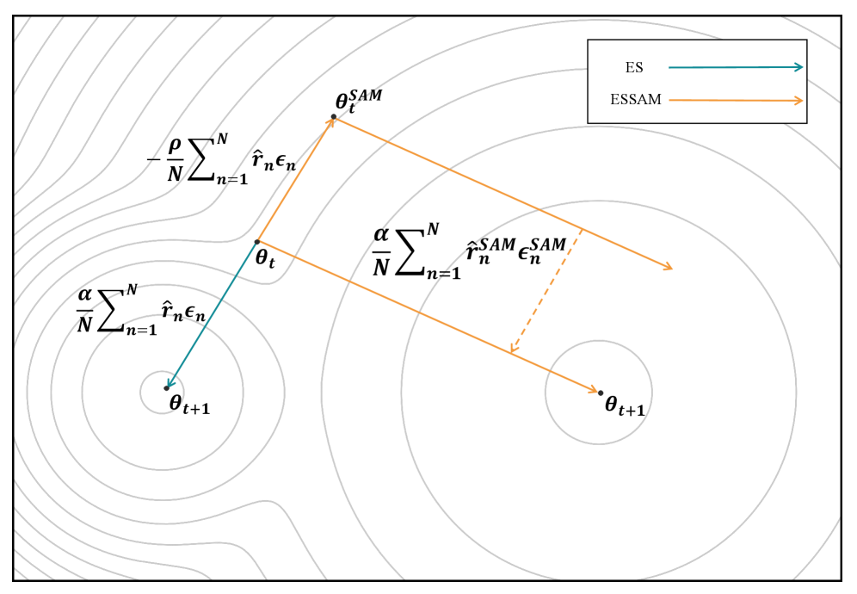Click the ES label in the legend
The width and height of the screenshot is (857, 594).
[633, 67]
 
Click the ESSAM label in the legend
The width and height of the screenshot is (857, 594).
[636, 100]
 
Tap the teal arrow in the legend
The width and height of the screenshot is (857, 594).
[736, 67]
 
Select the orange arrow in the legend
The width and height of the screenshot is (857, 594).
[736, 101]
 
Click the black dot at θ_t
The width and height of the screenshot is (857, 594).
[257, 242]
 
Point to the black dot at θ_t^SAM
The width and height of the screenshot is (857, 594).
[334, 116]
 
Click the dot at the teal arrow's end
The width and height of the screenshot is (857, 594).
[166, 388]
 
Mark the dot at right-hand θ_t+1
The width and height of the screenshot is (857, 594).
[600, 393]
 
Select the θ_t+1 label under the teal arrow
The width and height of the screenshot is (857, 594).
[189, 403]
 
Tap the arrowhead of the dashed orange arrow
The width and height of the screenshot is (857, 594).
[512, 349]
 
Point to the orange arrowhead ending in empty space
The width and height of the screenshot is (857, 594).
[668, 269]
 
